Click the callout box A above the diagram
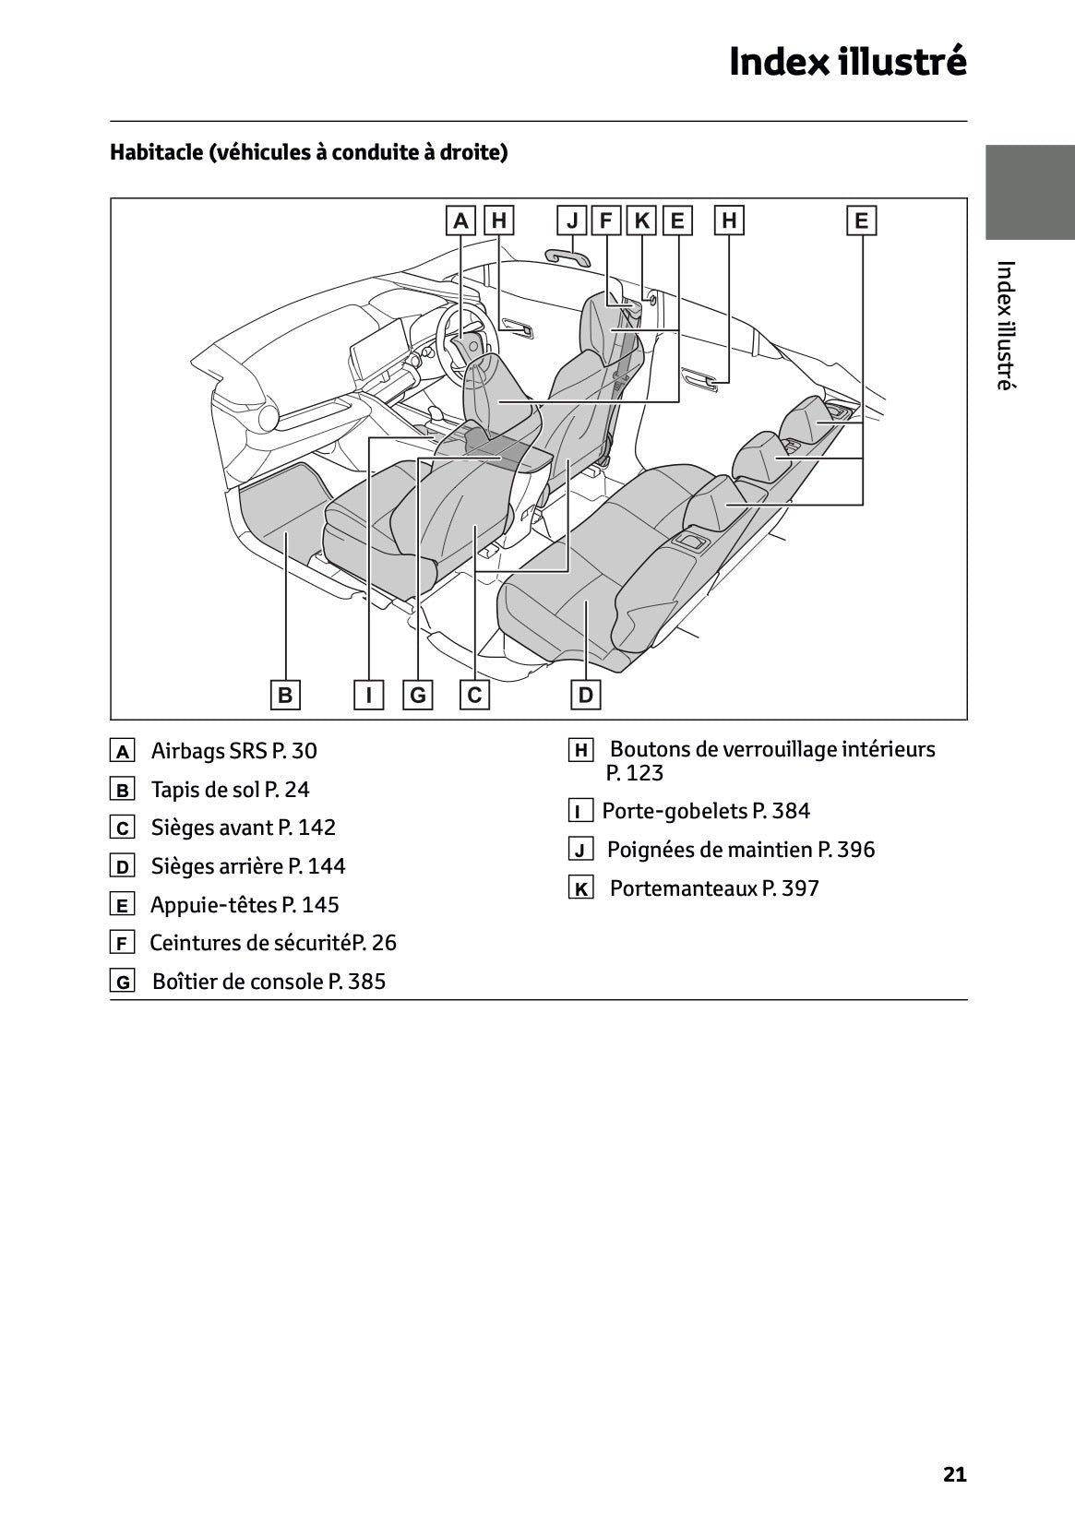click(x=460, y=220)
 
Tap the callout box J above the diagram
click(x=572, y=220)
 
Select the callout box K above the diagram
click(x=641, y=220)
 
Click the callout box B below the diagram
click(x=285, y=695)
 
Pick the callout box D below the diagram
click(x=585, y=695)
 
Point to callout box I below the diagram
click(x=369, y=695)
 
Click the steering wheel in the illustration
click(x=462, y=340)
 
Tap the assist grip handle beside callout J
click(x=567, y=256)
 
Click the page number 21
click(x=955, y=1474)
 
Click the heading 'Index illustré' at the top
click(x=847, y=62)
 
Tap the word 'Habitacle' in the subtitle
click(x=156, y=152)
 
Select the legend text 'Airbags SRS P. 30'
click(x=233, y=751)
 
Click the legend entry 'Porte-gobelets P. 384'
click(x=706, y=811)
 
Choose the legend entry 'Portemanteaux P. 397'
click(x=714, y=888)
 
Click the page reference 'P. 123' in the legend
click(x=635, y=773)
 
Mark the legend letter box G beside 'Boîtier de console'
click(x=122, y=982)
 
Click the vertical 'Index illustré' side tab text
click(x=1006, y=326)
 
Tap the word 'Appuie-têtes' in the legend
click(x=213, y=905)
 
